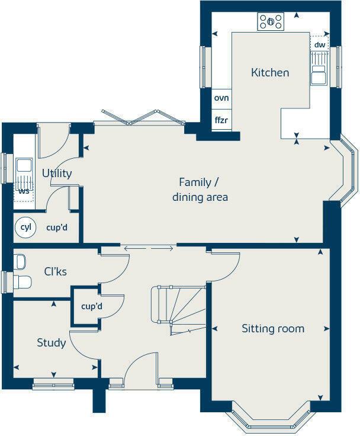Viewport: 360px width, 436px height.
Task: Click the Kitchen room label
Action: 270,72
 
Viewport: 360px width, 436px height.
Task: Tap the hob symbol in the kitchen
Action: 271,22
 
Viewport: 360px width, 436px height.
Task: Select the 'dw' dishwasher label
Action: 320,44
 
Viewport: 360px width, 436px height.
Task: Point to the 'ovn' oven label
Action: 221,98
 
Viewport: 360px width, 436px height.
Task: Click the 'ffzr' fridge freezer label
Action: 221,120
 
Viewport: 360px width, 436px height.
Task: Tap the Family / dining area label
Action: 200,190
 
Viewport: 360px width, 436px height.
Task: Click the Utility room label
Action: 57,173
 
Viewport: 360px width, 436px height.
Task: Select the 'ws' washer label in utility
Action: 24,191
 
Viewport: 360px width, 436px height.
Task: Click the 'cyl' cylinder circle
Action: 25,227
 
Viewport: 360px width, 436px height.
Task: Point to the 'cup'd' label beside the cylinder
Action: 57,227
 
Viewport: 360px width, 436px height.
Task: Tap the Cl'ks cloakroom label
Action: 55,271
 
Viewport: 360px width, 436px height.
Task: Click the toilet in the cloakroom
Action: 22,281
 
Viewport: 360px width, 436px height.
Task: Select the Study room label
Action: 51,342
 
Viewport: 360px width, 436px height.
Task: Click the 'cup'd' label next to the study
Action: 91,306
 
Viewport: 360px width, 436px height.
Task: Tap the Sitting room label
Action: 273,329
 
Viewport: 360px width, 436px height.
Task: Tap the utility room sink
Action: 24,165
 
